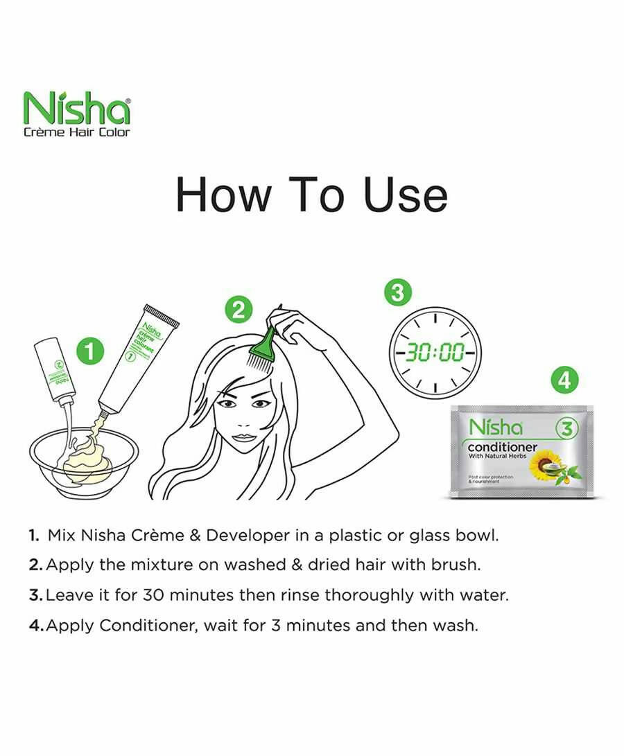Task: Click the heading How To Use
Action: point(311,195)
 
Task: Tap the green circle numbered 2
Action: point(238,310)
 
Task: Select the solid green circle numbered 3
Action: point(397,292)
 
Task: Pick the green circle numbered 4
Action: point(565,380)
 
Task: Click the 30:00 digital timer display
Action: point(435,352)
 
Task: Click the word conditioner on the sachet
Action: point(502,447)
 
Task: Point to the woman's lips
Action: point(243,437)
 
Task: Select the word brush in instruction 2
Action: point(454,565)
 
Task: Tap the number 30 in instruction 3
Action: point(153,595)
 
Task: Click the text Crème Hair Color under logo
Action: point(76,132)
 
